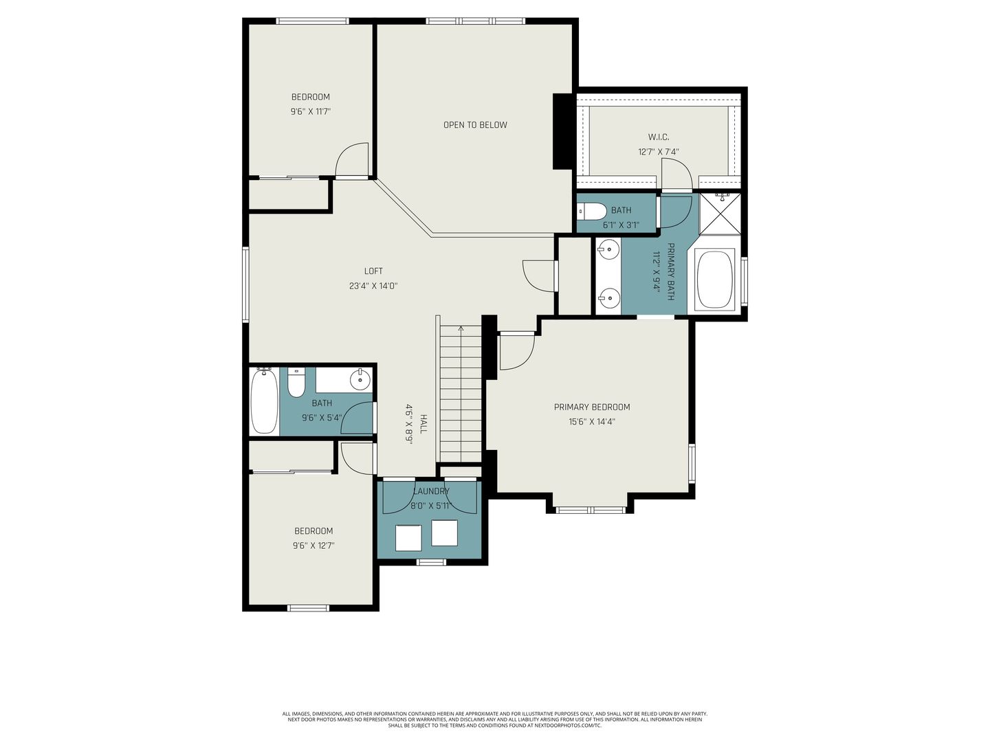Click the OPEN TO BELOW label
(475, 125)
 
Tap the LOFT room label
(373, 271)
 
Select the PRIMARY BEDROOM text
(592, 407)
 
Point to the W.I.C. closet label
(659, 137)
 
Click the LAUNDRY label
(431, 491)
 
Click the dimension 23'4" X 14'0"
(373, 286)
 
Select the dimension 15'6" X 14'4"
(592, 422)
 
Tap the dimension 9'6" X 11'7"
(310, 111)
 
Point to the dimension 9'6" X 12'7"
(313, 546)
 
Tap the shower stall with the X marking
(720, 214)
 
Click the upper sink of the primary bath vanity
(608, 249)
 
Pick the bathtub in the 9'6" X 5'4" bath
(264, 401)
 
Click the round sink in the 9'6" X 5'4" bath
(360, 380)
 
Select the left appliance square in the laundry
(408, 538)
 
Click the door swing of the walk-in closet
(676, 173)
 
